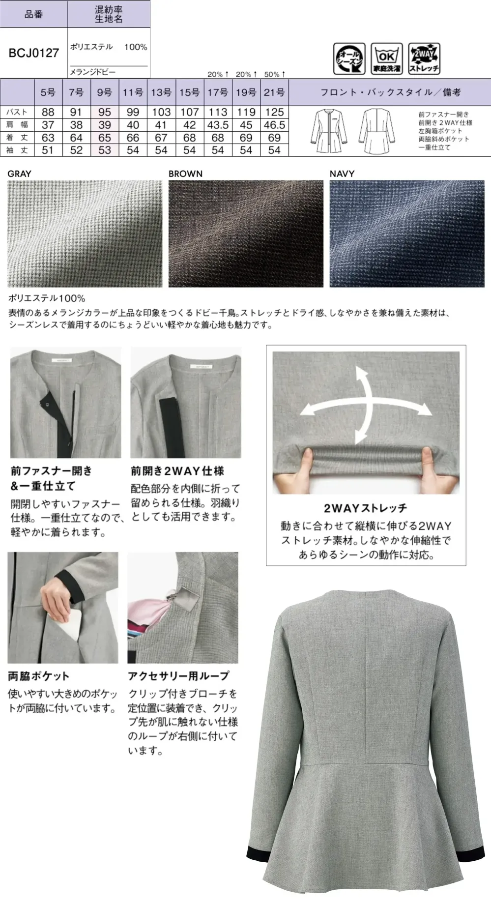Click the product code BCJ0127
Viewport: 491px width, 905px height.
pos(33,53)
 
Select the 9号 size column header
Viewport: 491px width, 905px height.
pos(104,92)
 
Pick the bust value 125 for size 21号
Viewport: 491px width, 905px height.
pos(274,112)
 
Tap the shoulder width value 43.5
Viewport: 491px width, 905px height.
pos(218,125)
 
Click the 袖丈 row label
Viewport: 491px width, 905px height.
pos(17,150)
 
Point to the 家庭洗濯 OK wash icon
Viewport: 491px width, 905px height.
pos(386,58)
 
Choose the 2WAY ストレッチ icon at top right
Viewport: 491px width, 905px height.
pos(424,58)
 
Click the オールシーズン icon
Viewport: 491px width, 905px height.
pos(349,58)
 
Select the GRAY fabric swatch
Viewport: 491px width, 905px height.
pos(85,234)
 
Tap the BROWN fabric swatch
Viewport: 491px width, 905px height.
pos(246,234)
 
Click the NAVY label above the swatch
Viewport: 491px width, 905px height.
pos(342,174)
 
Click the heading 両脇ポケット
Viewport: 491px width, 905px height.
pos(38,676)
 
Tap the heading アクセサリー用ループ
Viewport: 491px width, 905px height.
pos(178,676)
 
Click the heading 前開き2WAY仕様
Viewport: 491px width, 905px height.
pos(177,471)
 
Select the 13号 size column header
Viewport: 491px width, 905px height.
pos(161,92)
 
